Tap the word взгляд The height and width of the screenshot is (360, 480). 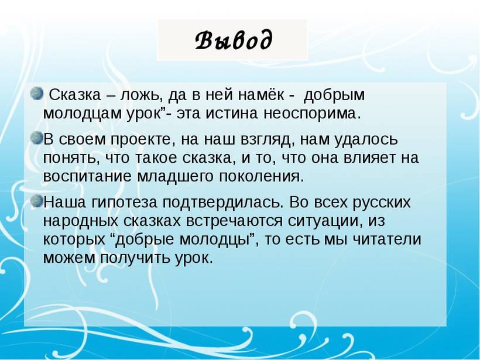click(x=268, y=140)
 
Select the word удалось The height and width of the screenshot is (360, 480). click(x=367, y=139)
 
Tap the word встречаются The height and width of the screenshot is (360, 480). click(x=235, y=221)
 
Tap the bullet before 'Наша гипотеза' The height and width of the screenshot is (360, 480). click(x=37, y=201)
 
